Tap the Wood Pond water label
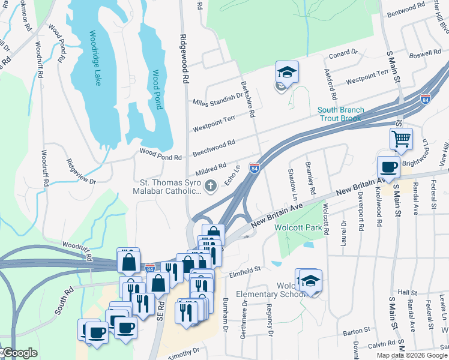pyautogui.click(x=156, y=90)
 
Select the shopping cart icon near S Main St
pyautogui.click(x=401, y=139)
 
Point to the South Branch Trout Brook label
pyautogui.click(x=340, y=114)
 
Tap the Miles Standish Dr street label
pyautogui.click(x=217, y=98)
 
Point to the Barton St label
pyautogui.click(x=357, y=331)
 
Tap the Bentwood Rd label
pyautogui.click(x=406, y=11)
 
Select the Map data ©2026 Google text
pyautogui.click(x=412, y=355)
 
